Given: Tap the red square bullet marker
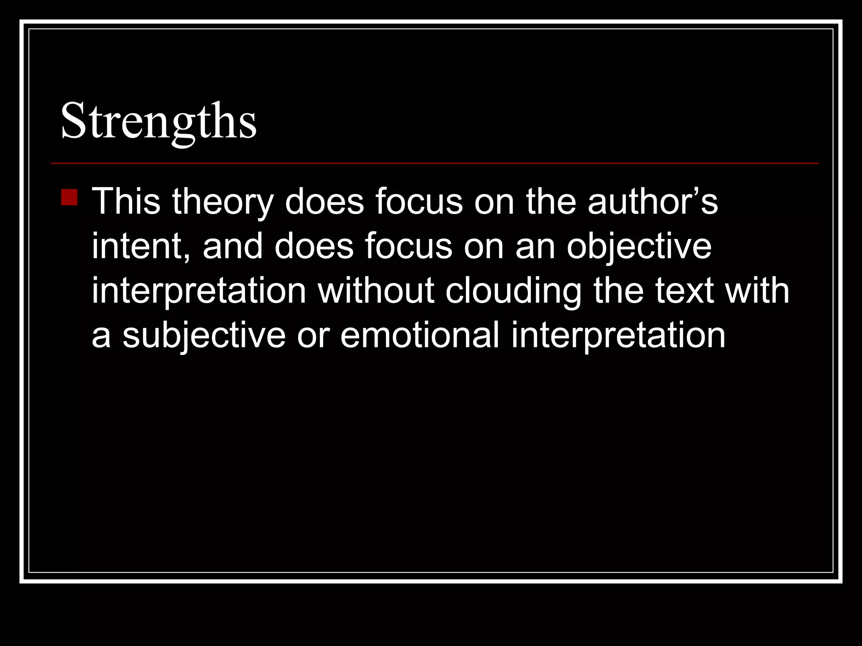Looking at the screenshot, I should pos(69,197).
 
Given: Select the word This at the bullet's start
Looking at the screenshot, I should pos(126,201).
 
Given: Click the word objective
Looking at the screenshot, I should pos(639,247).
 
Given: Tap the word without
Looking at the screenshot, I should pos(376,291).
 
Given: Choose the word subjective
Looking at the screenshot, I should pos(204,336).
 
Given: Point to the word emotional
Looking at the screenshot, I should pos(420,335).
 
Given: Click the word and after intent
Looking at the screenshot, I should pos(233,246).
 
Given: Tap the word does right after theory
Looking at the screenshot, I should pos(324,201).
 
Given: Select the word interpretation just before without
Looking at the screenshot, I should pos(199,291).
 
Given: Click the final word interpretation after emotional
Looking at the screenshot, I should pos(618,336).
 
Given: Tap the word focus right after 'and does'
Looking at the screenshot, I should pos(408,246).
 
